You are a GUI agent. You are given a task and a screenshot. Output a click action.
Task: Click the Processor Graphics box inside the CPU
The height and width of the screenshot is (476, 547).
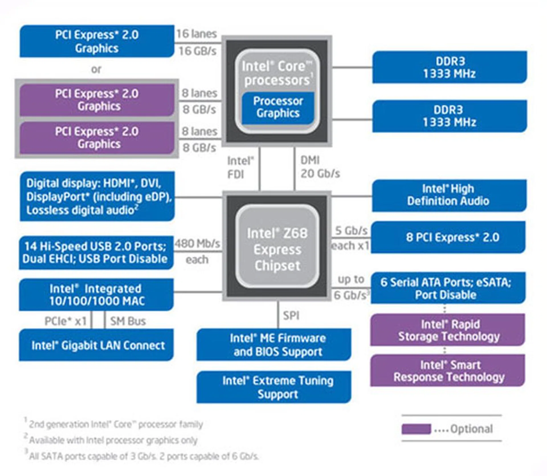point(278,107)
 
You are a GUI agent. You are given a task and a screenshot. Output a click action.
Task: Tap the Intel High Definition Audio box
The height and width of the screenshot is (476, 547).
point(449,195)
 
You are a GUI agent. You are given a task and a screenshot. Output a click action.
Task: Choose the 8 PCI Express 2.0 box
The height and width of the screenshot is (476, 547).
point(449,237)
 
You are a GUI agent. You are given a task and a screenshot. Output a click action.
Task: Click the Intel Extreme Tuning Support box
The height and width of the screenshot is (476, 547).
point(274,387)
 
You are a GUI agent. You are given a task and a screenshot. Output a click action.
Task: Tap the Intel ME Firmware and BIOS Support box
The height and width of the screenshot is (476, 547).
point(274,345)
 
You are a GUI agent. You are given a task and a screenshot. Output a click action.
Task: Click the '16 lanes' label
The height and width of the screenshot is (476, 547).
point(197,34)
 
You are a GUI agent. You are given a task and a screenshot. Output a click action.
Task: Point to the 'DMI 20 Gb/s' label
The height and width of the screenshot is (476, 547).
point(320,167)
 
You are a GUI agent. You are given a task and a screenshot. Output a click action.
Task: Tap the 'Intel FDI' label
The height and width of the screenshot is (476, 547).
point(240,168)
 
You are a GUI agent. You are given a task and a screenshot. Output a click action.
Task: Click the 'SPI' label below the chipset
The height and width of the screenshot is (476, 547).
point(291,316)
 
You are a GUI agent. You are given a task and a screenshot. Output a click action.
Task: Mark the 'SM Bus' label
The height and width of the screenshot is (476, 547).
point(128,321)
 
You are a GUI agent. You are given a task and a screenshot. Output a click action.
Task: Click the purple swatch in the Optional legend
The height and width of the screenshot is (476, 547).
point(416,429)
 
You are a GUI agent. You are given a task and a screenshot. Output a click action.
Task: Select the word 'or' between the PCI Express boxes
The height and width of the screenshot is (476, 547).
point(96,69)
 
